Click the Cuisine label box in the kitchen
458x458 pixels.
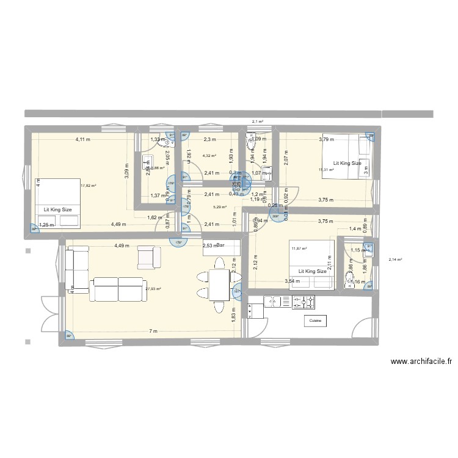315,320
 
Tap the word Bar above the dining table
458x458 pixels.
220,245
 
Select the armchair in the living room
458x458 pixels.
148,256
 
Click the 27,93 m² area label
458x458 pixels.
153,289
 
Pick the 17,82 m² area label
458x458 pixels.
88,186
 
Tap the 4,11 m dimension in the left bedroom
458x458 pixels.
82,139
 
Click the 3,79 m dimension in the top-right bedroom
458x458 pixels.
327,139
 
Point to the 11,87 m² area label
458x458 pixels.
299,248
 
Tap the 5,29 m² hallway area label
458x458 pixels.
219,207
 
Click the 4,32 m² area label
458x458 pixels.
209,156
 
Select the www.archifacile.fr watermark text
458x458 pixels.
421,362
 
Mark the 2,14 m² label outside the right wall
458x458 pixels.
395,260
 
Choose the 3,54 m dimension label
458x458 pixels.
294,281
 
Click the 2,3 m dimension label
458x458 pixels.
211,139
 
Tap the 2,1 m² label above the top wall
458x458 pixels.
257,122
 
